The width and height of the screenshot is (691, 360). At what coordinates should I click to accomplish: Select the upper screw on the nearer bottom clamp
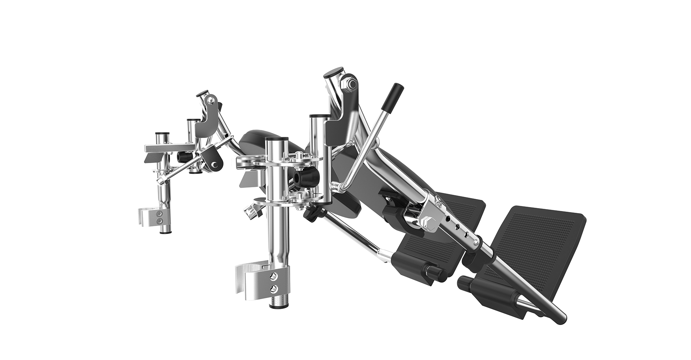point(274,276)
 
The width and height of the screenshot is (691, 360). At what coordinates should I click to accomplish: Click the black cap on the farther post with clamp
point(162,134)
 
